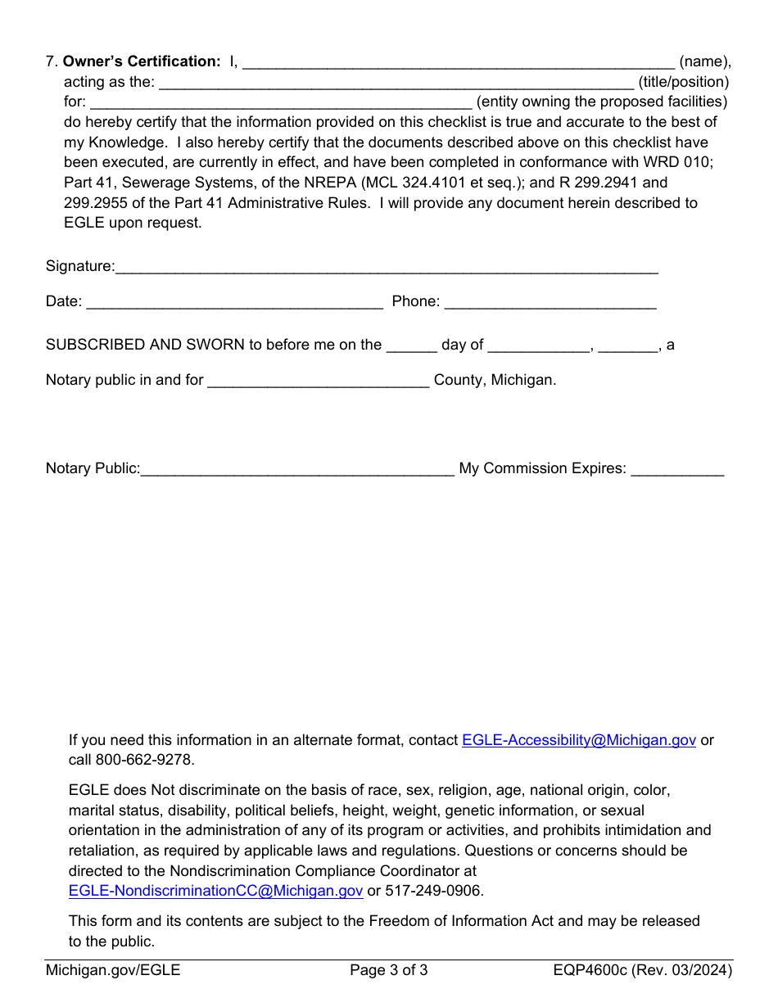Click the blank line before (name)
pos(459,62)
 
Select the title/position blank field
pos(396,82)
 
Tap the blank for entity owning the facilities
pos(280,102)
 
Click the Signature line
pos(387,267)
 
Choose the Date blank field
pos(234,302)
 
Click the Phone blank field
pos(550,302)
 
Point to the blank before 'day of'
pos(411,345)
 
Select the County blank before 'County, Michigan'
pos(319,381)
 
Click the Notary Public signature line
pos(297,469)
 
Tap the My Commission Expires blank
pos(677,469)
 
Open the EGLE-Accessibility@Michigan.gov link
pos(579,740)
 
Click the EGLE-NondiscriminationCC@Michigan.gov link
pos(216,891)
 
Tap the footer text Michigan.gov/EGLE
pos(113,971)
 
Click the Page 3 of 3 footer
pos(389,971)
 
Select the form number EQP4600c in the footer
pos(590,971)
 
